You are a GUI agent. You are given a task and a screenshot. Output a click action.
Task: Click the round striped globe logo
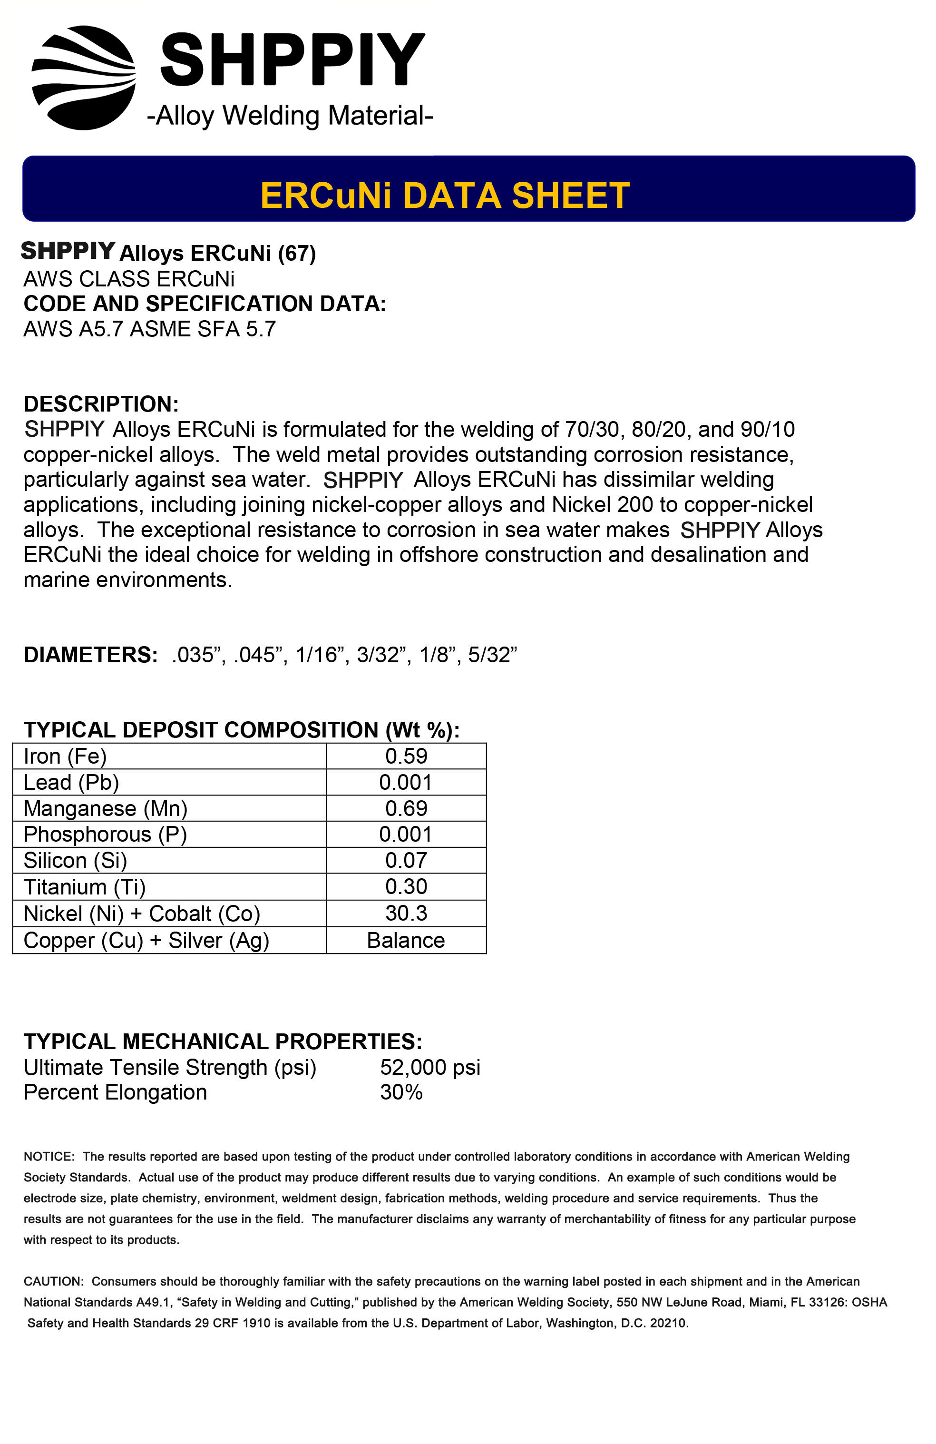pos(84,78)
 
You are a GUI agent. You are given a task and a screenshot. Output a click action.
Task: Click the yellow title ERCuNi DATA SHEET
pos(445,196)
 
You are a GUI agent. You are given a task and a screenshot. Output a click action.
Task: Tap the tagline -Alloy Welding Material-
pos(289,115)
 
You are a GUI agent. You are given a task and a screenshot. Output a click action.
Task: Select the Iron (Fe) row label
pos(65,756)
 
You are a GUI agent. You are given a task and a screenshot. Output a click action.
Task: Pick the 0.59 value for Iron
pos(406,756)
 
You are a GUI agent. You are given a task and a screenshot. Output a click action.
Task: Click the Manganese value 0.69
pos(406,808)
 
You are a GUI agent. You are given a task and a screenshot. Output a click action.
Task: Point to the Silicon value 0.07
pos(406,860)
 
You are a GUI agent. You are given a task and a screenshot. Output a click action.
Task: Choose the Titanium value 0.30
pos(406,886)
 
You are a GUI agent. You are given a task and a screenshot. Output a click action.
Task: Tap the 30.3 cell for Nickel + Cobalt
pos(406,913)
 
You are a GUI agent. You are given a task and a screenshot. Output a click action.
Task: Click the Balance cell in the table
pos(406,940)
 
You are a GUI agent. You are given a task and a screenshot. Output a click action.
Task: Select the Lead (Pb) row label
pos(71,782)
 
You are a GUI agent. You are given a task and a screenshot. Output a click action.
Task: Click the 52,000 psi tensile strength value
pos(430,1067)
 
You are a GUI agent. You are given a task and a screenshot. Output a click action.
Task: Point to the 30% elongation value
pos(401,1092)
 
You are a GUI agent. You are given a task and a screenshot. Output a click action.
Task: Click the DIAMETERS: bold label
pos(90,655)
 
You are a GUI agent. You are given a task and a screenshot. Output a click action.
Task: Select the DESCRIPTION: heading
pos(101,403)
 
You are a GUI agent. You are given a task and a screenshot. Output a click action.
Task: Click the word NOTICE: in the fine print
pos(49,1157)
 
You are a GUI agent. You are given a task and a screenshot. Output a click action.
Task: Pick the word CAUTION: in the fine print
pos(53,1281)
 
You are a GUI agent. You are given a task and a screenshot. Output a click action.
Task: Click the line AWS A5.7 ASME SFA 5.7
pos(149,329)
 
